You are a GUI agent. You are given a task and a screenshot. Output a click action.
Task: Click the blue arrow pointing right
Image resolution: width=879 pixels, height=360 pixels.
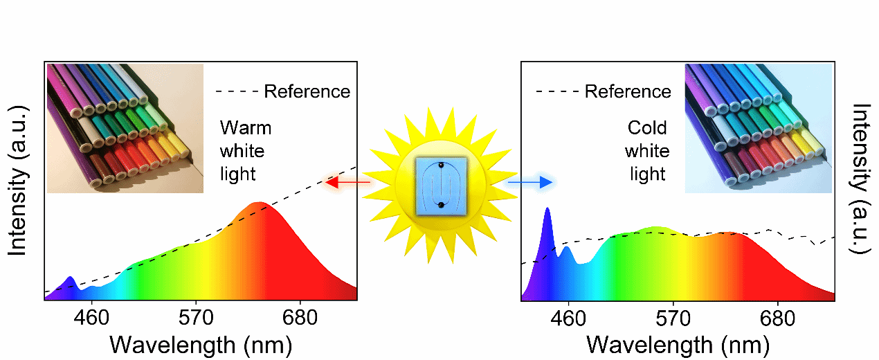click(x=530, y=183)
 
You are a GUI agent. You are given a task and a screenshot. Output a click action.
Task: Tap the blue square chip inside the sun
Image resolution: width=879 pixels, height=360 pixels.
click(x=439, y=183)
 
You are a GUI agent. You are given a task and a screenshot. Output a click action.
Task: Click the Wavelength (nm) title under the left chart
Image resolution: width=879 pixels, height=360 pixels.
click(x=201, y=344)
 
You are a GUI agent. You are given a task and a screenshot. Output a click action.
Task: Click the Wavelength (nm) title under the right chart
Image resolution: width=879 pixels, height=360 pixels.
click(x=678, y=344)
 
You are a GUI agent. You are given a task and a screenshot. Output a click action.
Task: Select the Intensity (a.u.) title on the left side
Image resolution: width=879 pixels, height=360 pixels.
click(x=18, y=180)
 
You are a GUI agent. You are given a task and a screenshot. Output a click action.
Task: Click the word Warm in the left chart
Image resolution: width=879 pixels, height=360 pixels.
click(x=246, y=128)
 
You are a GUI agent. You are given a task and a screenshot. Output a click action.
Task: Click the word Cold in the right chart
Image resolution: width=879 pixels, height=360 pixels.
click(x=647, y=128)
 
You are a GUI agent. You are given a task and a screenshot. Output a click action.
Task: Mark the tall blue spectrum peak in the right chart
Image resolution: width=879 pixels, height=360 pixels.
click(x=547, y=215)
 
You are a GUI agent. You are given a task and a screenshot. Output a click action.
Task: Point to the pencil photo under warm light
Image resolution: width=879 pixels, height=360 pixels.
click(x=125, y=127)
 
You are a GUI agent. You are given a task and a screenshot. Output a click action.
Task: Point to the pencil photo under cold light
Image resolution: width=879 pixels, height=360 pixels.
click(x=758, y=127)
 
